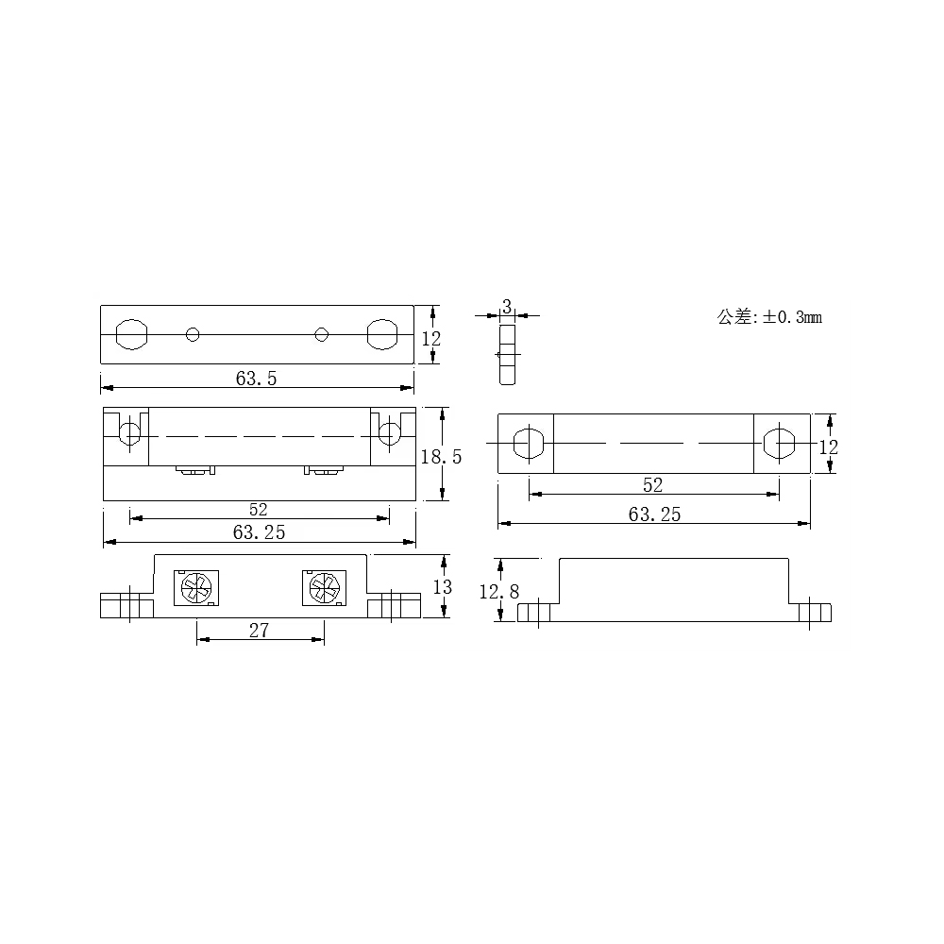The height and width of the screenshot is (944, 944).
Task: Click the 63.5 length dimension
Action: point(256,379)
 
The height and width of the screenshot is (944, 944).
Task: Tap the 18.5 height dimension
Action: point(441,457)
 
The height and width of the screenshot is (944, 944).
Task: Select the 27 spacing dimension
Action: point(259,631)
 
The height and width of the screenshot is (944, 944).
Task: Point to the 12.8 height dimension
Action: point(498,592)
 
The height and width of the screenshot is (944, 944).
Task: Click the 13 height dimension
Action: point(443,587)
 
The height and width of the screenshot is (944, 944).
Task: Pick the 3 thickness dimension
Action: point(507,307)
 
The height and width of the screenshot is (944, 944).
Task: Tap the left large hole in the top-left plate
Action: point(131,334)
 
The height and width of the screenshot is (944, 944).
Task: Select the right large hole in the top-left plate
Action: point(382,334)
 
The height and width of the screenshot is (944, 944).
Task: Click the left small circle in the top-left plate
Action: point(193,334)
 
